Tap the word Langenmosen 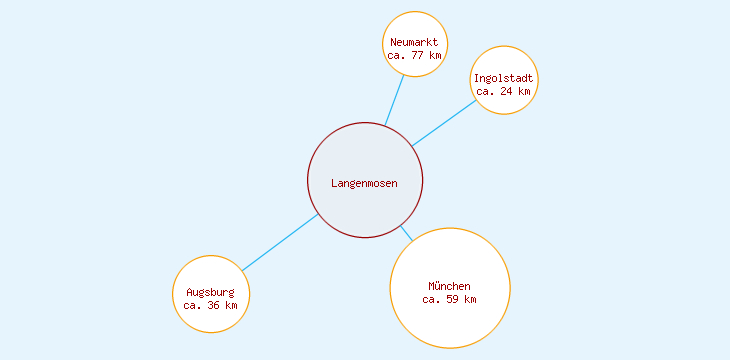(365, 183)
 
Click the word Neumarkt (414, 42)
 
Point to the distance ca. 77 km (414, 56)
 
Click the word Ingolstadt (505, 78)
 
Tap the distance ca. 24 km (504, 91)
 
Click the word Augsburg (211, 292)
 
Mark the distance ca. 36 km (211, 305)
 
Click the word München (450, 286)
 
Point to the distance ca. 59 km (450, 299)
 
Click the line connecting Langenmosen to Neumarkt (395, 101)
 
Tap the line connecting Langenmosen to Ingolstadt (444, 122)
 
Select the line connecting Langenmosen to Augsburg (280, 242)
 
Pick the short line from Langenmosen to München (406, 233)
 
